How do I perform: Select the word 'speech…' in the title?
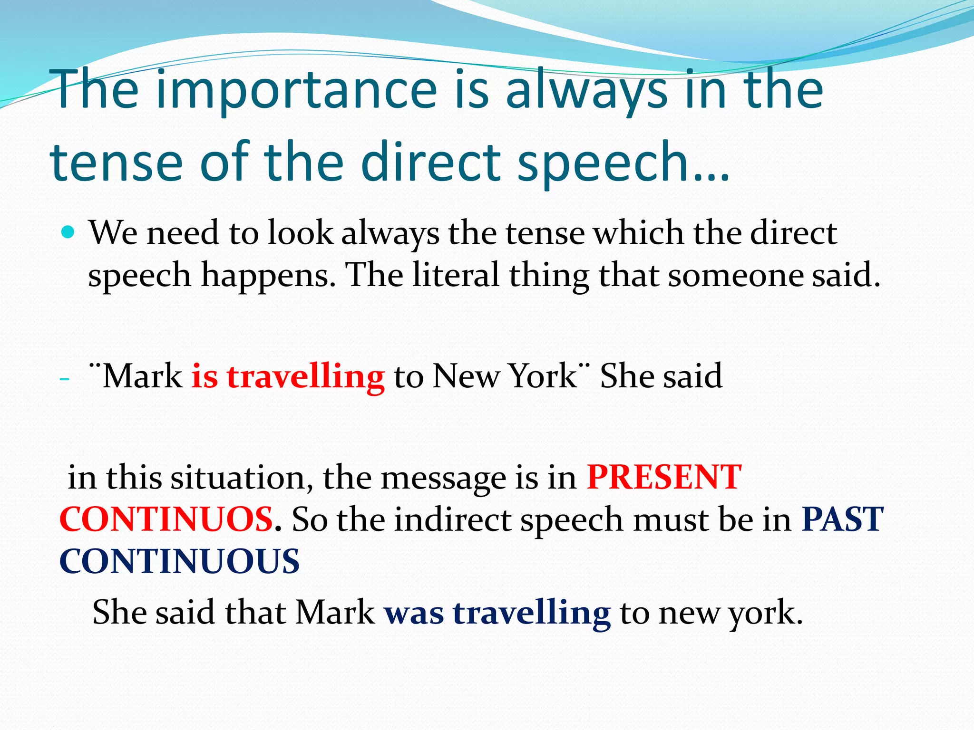pos(623,163)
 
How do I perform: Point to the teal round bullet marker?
pos(68,232)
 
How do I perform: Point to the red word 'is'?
pos(205,376)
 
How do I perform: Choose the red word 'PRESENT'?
pos(664,477)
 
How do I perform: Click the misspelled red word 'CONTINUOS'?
pos(166,519)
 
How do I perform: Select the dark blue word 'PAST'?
pos(842,519)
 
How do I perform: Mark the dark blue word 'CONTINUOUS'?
pos(179,561)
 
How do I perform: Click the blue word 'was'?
pos(414,613)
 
